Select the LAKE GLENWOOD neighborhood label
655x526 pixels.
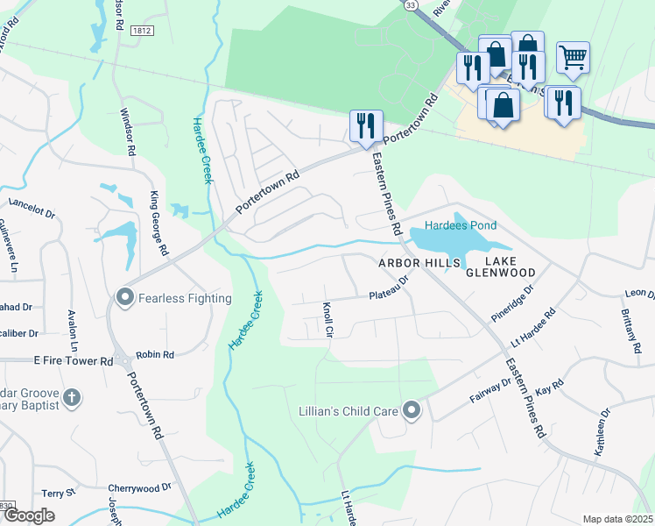click(500, 267)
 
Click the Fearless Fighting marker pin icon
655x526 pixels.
click(123, 298)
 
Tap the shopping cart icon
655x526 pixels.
click(573, 59)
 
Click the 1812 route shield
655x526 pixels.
click(142, 30)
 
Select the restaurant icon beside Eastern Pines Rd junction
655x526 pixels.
click(365, 124)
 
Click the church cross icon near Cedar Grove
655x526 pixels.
click(72, 399)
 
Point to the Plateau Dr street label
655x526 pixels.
click(389, 289)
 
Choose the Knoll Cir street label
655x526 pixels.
click(327, 321)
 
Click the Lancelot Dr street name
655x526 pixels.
click(32, 208)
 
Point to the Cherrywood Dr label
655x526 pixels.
click(139, 487)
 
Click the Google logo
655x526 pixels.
click(29, 515)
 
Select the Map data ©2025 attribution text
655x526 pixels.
click(617, 519)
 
